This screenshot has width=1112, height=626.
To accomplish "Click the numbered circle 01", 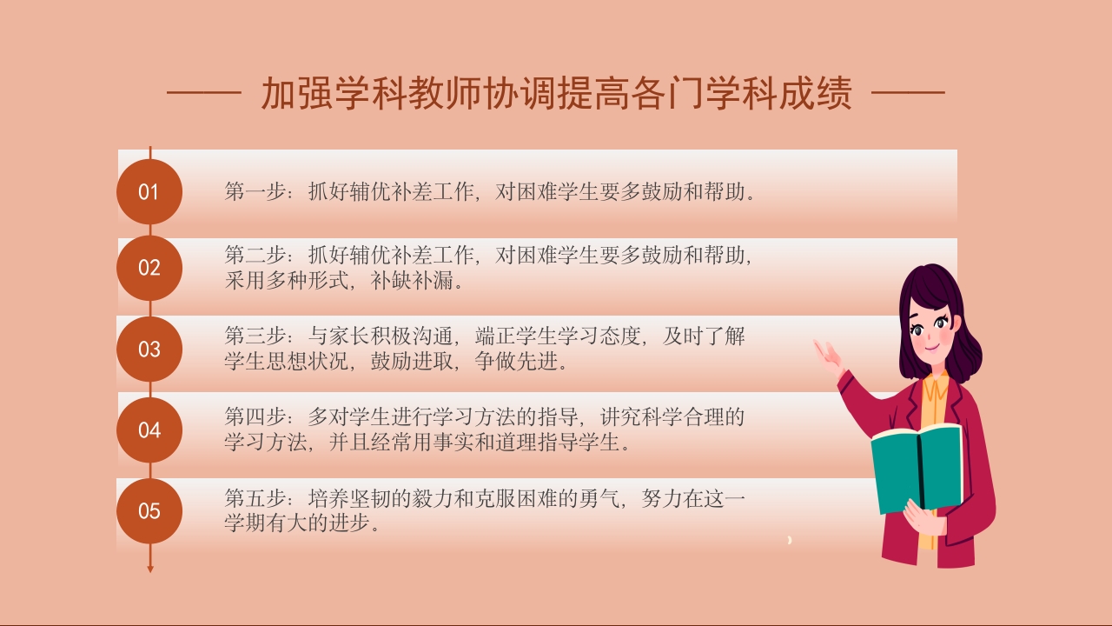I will pyautogui.click(x=149, y=192).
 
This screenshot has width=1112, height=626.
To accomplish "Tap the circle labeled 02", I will pyautogui.click(x=149, y=268).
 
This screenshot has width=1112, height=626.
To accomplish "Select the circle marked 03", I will pyautogui.click(x=149, y=349).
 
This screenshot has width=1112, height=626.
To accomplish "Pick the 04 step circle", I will pyautogui.click(x=149, y=430).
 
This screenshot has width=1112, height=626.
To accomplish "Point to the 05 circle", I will pyautogui.click(x=149, y=510).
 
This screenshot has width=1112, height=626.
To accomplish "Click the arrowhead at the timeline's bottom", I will pyautogui.click(x=150, y=569).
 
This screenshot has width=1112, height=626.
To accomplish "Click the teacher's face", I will pyautogui.click(x=931, y=330).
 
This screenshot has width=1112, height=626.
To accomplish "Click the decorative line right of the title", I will pyautogui.click(x=908, y=91).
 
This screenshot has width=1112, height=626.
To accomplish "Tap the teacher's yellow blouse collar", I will pyautogui.click(x=936, y=387).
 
